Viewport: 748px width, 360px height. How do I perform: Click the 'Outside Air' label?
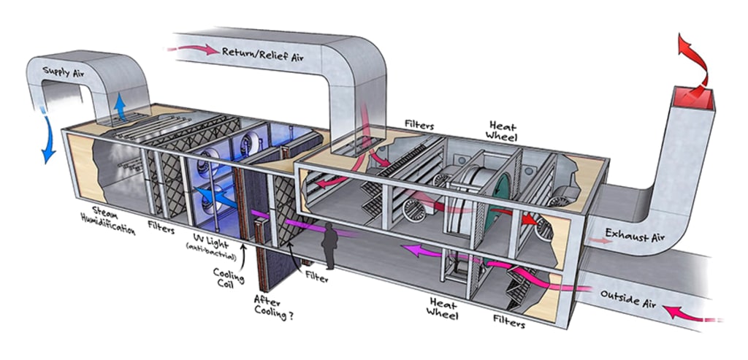[626, 298]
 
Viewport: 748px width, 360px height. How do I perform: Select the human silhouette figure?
[330, 246]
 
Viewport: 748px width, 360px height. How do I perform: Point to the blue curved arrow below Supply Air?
[48, 139]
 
